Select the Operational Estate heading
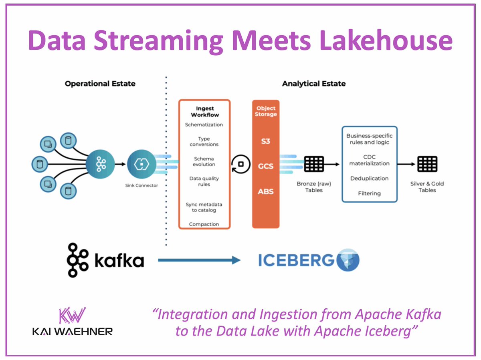pos(100,84)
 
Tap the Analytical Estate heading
pos(313,84)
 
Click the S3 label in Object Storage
pos(265,141)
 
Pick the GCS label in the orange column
pos(265,166)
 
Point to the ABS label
pos(265,191)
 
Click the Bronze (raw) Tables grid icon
pos(313,164)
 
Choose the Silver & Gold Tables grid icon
pos(427,164)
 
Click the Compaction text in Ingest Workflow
pos(204,224)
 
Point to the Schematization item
pos(204,125)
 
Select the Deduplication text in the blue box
pos(369,178)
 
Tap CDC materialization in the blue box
pos(369,160)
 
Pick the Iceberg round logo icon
pos(348,261)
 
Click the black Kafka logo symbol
pos(77,260)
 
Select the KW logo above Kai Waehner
pos(73,315)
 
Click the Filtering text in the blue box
pos(369,193)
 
